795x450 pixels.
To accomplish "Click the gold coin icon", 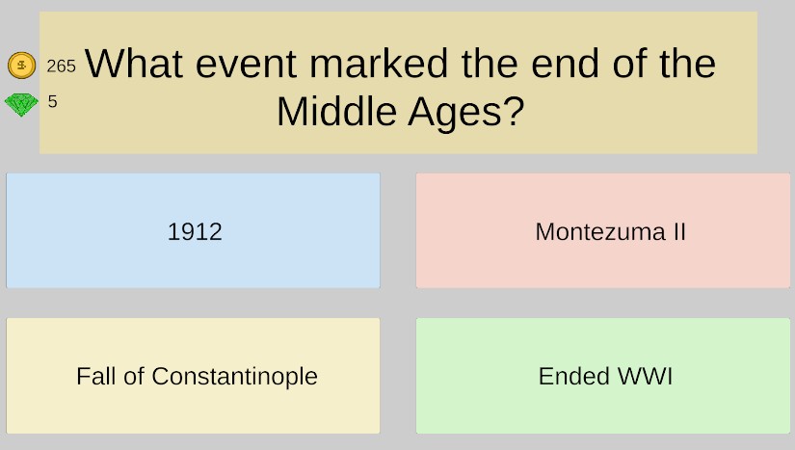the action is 22,66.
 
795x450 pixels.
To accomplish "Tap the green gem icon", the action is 21,104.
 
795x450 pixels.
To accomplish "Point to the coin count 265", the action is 62,66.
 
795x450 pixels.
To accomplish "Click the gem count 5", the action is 53,101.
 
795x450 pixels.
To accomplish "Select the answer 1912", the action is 193,230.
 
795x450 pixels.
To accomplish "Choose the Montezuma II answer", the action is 603,230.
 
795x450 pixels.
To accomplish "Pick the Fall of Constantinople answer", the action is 193,376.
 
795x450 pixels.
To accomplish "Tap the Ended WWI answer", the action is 603,376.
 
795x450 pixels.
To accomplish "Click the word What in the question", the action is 134,64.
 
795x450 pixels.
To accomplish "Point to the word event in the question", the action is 246,65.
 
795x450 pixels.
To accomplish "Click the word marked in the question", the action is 379,64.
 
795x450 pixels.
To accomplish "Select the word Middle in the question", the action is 336,111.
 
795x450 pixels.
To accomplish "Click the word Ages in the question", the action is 455,113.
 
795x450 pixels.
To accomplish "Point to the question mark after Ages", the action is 515,111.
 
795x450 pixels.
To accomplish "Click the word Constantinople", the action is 235,377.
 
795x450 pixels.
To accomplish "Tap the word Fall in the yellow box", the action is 96,376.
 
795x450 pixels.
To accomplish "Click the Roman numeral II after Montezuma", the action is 679,231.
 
